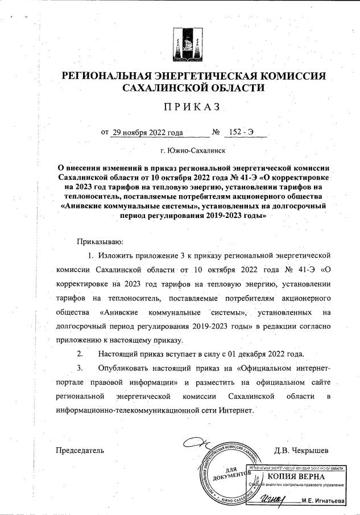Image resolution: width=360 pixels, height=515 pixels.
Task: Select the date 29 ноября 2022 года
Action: point(147,133)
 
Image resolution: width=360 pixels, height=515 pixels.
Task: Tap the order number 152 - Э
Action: point(241,133)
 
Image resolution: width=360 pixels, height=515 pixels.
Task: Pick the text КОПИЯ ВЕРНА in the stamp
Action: point(296,476)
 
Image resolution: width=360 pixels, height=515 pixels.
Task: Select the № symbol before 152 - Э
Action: point(216,133)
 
